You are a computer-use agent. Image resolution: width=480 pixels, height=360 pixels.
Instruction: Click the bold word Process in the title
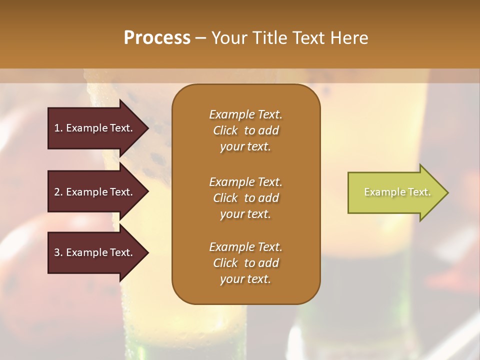[157, 38]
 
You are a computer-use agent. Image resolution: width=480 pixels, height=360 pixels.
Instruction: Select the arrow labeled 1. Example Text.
[95, 128]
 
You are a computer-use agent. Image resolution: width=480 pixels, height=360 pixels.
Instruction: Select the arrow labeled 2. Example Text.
[95, 192]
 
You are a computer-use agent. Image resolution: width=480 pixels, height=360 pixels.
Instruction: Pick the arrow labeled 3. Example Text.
[95, 252]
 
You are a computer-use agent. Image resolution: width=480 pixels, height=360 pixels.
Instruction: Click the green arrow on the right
[395, 192]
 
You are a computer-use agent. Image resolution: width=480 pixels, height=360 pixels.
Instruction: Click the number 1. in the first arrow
[58, 128]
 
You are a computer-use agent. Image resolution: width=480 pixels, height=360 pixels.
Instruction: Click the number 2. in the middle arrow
[58, 192]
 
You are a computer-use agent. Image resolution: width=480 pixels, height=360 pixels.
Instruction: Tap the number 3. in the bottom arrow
[58, 252]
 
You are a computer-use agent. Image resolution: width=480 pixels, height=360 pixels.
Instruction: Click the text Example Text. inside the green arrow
[397, 192]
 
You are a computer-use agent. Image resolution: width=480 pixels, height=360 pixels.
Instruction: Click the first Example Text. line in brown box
[245, 114]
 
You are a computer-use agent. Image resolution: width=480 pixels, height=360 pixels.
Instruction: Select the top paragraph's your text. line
[245, 147]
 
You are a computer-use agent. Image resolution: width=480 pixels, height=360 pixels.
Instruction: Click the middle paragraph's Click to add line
[245, 198]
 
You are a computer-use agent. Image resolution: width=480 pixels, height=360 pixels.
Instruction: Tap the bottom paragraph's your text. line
[245, 279]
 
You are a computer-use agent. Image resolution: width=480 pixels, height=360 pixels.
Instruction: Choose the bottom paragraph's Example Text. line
[245, 247]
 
